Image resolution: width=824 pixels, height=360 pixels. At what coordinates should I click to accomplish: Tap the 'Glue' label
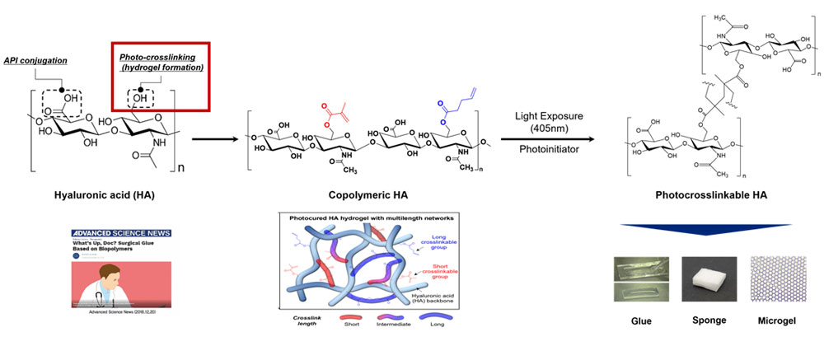click(x=640, y=320)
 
